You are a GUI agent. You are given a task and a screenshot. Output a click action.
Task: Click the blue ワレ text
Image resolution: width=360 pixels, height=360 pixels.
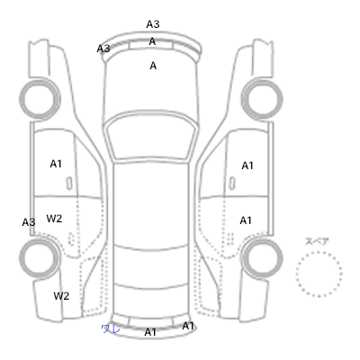(x=111, y=328)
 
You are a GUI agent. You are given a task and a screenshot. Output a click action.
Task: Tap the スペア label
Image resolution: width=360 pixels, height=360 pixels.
(x=317, y=241)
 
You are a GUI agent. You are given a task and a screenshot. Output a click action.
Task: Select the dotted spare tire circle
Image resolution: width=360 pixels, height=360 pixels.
(x=319, y=274)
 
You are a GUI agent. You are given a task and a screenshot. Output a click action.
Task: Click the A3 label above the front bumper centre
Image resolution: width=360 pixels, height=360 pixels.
(x=153, y=24)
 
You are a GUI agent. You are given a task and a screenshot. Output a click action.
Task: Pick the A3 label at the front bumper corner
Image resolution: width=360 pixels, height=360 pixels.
(x=103, y=49)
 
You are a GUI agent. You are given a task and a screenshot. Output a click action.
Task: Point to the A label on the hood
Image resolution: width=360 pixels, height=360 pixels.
(x=153, y=66)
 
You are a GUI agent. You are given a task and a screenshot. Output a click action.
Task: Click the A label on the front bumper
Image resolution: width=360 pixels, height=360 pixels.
(x=152, y=41)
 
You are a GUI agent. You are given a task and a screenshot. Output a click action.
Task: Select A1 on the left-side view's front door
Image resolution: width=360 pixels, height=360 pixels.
(x=56, y=164)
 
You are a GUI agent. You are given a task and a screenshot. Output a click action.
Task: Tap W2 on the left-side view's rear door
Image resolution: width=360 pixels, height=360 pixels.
(x=54, y=219)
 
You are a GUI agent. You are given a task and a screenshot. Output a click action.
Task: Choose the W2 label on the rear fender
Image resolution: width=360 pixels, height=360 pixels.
(x=61, y=296)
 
